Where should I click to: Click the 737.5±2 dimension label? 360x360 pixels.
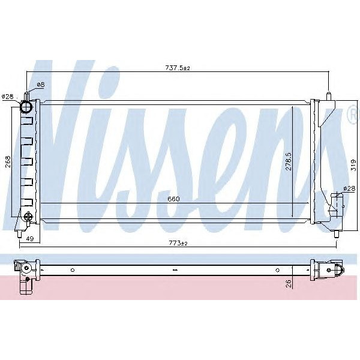click(178, 68)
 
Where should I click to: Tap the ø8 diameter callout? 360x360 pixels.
click(41, 85)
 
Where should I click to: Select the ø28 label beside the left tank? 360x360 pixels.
click(8, 96)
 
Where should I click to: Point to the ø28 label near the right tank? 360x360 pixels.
click(349, 189)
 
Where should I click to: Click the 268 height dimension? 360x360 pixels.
click(7, 163)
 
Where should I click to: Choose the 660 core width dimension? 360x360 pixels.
click(174, 199)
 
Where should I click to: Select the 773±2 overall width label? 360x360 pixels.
click(178, 243)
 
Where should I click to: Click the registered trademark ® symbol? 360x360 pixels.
click(352, 116)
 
